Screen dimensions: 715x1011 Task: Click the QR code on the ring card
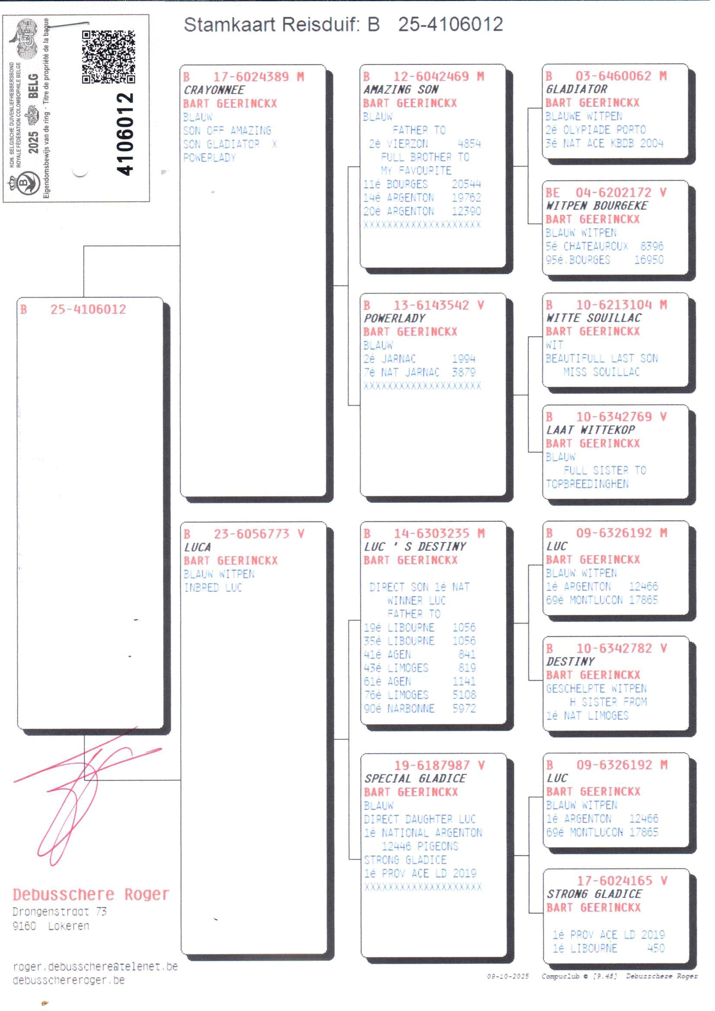click(109, 57)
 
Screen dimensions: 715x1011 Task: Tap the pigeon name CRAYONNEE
click(214, 90)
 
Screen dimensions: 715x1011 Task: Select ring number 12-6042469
click(431, 76)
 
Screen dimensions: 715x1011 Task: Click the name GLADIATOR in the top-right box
click(576, 89)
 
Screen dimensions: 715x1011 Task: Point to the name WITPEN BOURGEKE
click(597, 205)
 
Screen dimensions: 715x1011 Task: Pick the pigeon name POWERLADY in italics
click(395, 318)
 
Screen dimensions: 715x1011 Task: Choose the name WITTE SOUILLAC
click(594, 318)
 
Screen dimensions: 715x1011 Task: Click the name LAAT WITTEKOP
click(591, 430)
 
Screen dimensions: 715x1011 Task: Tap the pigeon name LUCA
click(197, 547)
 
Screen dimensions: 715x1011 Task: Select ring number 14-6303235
click(431, 533)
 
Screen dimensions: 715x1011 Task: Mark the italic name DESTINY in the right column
click(570, 661)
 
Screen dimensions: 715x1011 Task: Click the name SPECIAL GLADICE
click(415, 778)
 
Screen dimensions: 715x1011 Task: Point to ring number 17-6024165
click(615, 881)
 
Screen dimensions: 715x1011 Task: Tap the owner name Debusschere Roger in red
click(91, 894)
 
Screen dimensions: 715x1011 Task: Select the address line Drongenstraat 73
click(59, 912)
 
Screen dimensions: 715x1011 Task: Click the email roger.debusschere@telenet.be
click(95, 966)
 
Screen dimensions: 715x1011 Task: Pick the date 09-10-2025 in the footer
click(508, 977)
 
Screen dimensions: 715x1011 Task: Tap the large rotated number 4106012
click(124, 134)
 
